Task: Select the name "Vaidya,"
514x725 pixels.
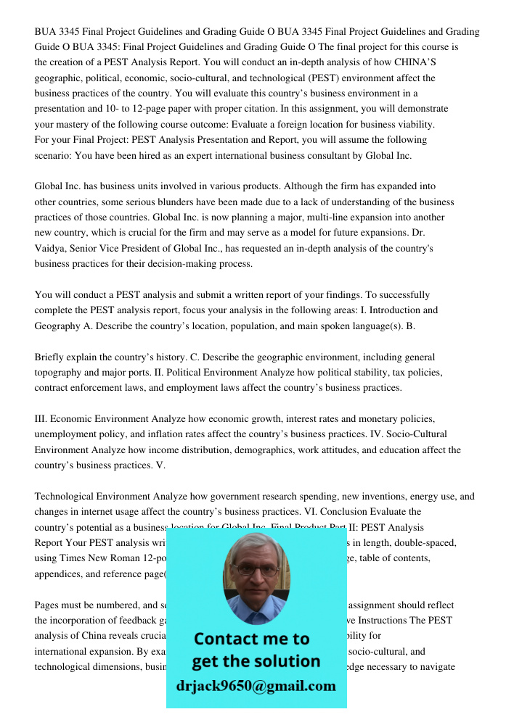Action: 51,249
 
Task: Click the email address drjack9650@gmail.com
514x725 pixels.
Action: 256,686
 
